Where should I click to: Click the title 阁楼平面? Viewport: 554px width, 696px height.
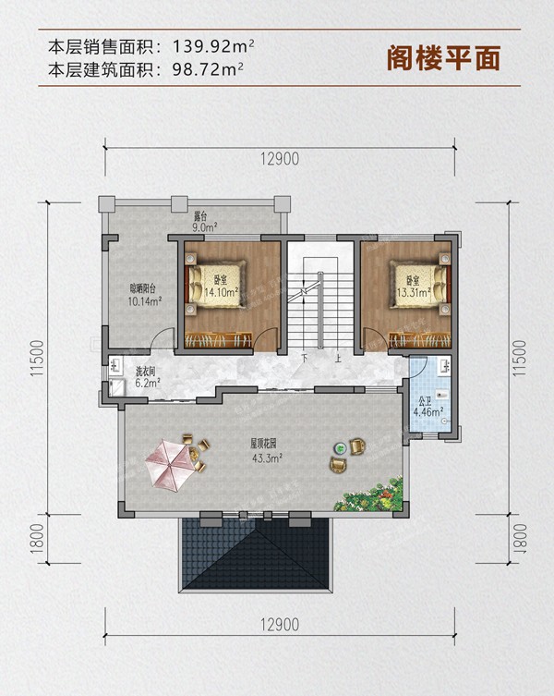tap(443, 58)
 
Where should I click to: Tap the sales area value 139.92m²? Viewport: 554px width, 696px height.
tap(213, 46)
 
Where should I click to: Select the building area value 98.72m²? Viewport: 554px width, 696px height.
tap(208, 69)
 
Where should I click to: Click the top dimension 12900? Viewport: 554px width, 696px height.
tap(280, 158)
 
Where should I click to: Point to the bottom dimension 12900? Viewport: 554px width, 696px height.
tap(280, 625)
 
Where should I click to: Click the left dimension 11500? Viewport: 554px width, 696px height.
tap(37, 359)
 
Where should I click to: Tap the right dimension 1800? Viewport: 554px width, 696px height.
tap(520, 539)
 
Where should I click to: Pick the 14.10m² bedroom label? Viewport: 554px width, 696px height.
tap(220, 287)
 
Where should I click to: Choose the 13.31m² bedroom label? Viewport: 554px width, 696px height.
tap(414, 287)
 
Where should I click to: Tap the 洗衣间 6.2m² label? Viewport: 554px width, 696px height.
tap(147, 377)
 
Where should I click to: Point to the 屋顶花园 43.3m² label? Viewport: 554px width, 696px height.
tap(266, 450)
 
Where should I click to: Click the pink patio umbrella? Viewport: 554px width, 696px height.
tap(171, 465)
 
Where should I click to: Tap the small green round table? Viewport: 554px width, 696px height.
tap(341, 449)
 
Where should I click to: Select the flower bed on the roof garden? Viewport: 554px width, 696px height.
tap(370, 494)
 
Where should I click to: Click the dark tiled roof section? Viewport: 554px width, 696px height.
tap(256, 555)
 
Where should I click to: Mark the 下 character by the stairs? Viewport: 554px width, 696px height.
tap(305, 358)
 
